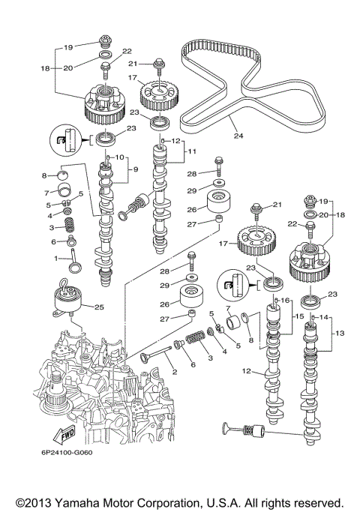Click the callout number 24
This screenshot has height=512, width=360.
pyautogui.click(x=238, y=136)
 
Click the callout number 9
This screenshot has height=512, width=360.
pyautogui.click(x=135, y=169)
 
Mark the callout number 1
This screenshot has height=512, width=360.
pyautogui.click(x=55, y=258)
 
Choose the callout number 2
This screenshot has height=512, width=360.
pyautogui.click(x=175, y=371)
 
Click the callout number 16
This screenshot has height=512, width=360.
pyautogui.click(x=286, y=300)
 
